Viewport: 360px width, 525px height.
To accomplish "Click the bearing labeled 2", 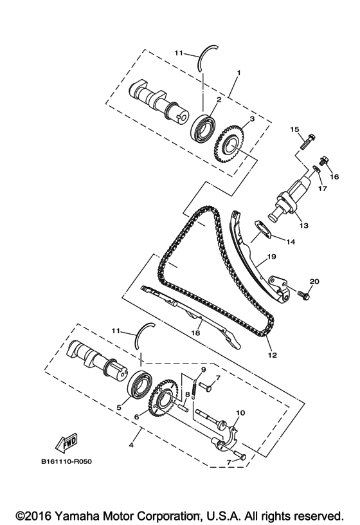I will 204,126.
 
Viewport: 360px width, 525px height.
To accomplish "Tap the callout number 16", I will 334,176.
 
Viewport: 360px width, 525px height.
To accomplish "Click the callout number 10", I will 240,412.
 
